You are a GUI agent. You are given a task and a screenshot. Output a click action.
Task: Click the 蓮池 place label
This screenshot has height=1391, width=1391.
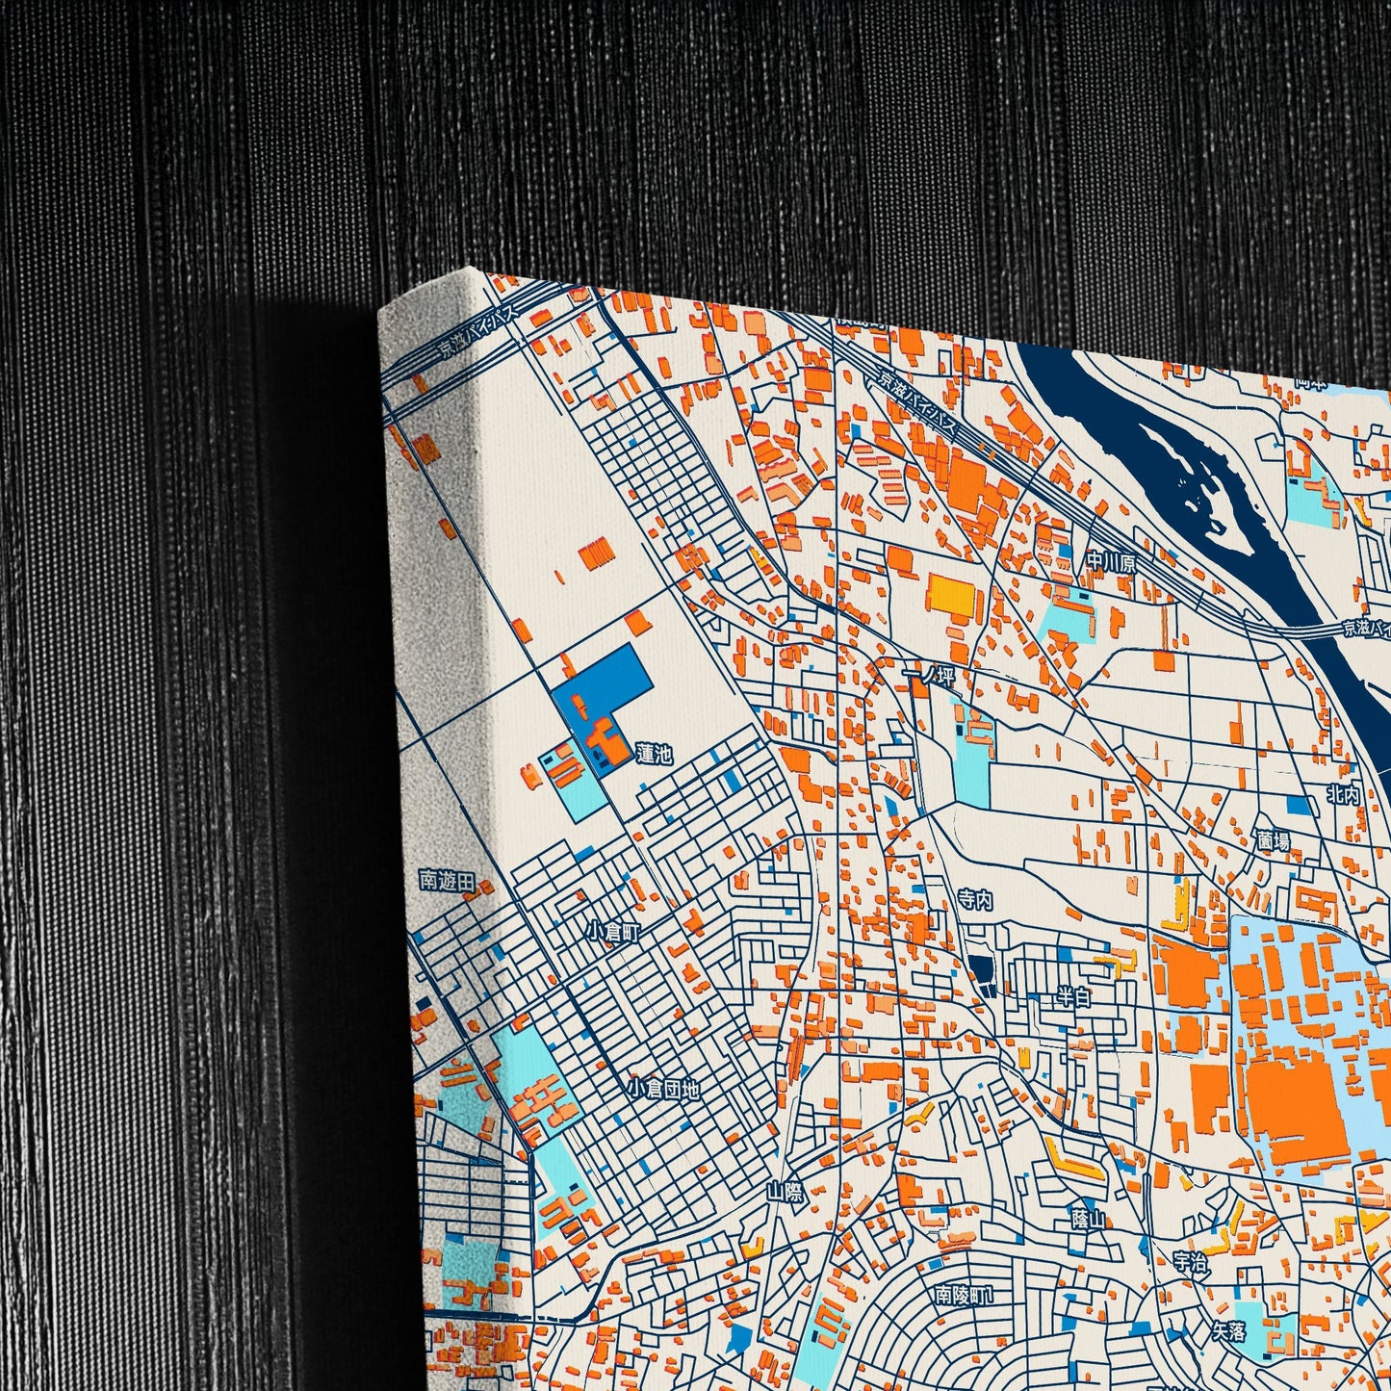[654, 754]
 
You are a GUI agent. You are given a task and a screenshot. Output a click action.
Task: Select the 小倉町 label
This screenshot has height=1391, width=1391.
[613, 931]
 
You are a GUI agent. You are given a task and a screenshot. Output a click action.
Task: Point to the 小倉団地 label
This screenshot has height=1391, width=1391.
[663, 1090]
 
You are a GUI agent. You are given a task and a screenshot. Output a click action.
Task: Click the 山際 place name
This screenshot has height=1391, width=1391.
[785, 1192]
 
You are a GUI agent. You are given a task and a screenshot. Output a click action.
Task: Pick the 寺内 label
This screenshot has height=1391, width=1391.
[974, 900]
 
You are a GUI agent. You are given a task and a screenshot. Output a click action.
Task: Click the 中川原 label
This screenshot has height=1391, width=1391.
[1111, 562]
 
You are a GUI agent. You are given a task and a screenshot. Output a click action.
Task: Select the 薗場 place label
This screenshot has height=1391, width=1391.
[1272, 840]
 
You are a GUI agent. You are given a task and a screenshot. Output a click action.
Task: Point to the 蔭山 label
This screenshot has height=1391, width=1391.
[1089, 1219]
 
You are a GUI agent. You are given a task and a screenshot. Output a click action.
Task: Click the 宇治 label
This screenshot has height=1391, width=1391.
[1191, 1262]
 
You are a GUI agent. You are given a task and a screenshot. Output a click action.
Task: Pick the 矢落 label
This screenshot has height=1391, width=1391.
[1228, 1332]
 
